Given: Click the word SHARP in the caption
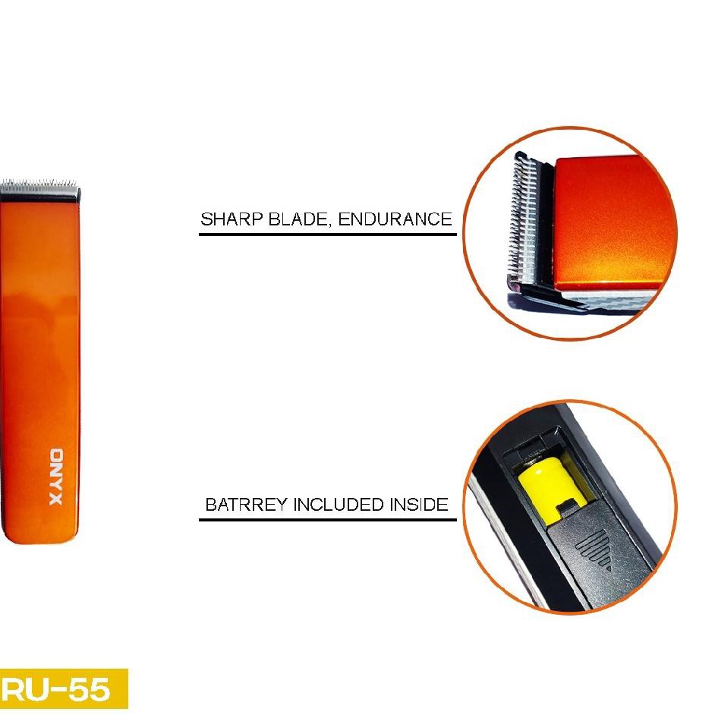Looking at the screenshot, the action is coord(226,219).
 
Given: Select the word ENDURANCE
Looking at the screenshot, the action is coord(395,219).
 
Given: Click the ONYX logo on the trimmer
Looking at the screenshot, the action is coord(58,477).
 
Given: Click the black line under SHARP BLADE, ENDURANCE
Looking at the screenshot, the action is coord(327,234).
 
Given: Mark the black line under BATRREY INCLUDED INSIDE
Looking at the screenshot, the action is coord(327,519).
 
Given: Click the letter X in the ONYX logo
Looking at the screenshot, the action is coord(58,499).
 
